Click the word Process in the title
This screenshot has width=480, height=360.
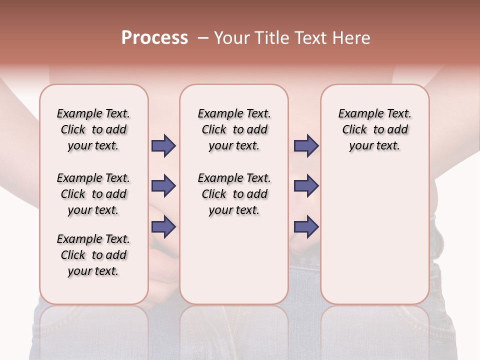click(x=154, y=38)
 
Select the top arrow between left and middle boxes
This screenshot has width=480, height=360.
click(x=163, y=146)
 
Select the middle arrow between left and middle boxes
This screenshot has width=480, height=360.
click(x=163, y=186)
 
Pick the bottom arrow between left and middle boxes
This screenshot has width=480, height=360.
click(x=163, y=227)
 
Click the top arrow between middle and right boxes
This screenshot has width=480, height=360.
click(x=306, y=146)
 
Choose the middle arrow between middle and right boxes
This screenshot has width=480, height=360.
click(x=306, y=186)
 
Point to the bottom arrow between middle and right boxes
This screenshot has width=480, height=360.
click(x=306, y=227)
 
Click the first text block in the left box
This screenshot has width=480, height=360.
click(x=93, y=129)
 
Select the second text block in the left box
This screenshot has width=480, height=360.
click(x=93, y=194)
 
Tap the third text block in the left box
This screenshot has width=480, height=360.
click(x=93, y=255)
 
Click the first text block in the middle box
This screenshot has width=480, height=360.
click(x=234, y=129)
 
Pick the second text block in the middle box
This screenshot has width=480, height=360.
click(x=234, y=194)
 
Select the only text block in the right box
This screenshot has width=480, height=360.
click(x=374, y=129)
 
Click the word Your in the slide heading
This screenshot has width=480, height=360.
click(x=230, y=38)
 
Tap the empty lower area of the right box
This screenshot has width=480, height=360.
click(x=374, y=240)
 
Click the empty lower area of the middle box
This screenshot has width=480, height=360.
click(x=234, y=260)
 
